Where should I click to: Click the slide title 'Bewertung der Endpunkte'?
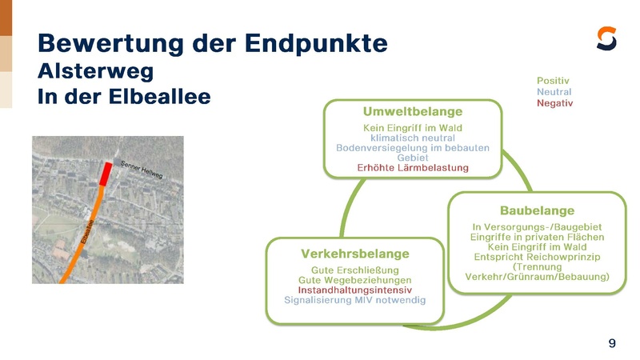coord(212,42)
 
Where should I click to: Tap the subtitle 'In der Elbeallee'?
coord(124,97)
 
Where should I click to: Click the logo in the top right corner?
coord(607,38)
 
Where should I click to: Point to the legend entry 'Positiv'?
coord(554,81)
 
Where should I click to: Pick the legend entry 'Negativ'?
coord(555,103)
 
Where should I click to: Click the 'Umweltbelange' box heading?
coord(413,110)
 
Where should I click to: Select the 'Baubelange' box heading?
coord(537,210)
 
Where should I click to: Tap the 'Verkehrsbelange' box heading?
coord(354,254)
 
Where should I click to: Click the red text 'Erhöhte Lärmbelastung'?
coord(413,167)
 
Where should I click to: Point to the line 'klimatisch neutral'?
coord(413,138)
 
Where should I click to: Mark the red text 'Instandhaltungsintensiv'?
coord(355,290)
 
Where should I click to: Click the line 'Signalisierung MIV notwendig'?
coord(355,300)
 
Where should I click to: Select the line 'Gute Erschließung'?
coord(355,270)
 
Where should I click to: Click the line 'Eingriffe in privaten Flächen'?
coord(538,237)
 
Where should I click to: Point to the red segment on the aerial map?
coord(106,173)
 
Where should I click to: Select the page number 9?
coord(612,343)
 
